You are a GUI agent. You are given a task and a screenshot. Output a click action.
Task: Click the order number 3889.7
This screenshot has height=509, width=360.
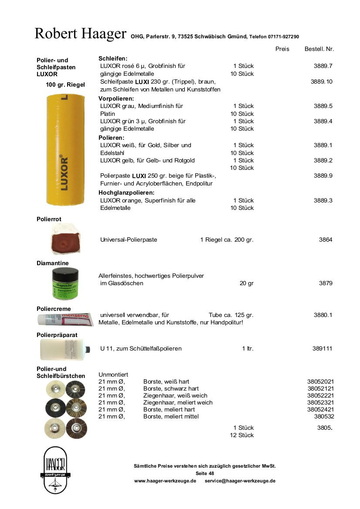click(323, 66)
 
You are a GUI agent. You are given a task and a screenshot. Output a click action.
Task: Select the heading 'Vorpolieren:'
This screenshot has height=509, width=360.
click(116, 98)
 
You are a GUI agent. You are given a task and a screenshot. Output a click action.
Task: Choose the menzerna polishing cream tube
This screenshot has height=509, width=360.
click(65, 319)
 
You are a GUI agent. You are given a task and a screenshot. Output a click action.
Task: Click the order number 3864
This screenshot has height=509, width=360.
click(326, 239)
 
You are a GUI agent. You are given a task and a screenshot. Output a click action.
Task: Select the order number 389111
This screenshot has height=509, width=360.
click(323, 348)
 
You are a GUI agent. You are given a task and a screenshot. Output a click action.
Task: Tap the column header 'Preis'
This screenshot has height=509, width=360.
click(282, 49)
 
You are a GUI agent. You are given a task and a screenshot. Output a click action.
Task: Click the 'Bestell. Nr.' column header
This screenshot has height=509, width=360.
click(319, 49)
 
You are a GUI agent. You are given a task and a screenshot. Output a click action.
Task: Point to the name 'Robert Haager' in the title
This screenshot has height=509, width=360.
click(80, 34)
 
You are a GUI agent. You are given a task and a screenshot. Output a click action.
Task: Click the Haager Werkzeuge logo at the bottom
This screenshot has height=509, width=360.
click(55, 470)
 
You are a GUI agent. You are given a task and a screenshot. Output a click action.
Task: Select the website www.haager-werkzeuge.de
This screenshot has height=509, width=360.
click(165, 481)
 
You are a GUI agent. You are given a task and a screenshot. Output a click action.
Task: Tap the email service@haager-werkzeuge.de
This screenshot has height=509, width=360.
click(240, 481)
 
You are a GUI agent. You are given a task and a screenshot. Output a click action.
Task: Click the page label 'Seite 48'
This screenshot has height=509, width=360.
click(205, 473)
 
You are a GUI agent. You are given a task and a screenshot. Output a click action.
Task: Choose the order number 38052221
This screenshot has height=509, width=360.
click(320, 395)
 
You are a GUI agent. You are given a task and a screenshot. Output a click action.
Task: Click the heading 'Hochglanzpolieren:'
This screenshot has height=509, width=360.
click(127, 192)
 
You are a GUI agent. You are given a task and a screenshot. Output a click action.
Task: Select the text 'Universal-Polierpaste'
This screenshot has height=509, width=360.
click(129, 239)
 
